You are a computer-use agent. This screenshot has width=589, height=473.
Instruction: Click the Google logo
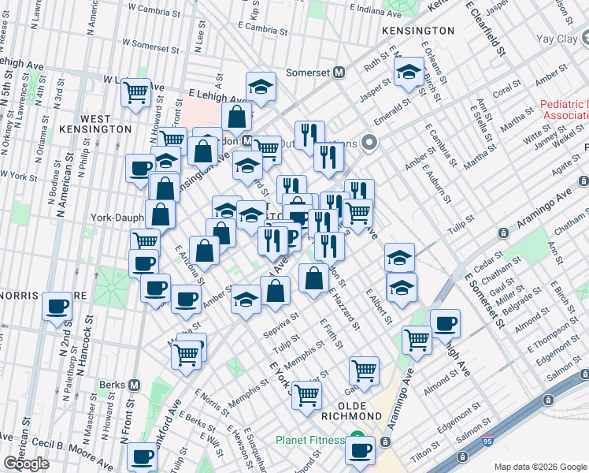tap(26, 464)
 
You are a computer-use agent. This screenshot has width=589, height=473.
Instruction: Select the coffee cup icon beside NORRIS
tap(57, 307)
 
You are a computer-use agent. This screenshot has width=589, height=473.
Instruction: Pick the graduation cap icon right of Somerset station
tap(409, 73)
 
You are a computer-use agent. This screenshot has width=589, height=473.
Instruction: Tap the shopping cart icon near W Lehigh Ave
tap(136, 92)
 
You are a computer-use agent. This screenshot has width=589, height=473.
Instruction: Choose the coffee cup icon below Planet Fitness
tap(361, 450)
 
